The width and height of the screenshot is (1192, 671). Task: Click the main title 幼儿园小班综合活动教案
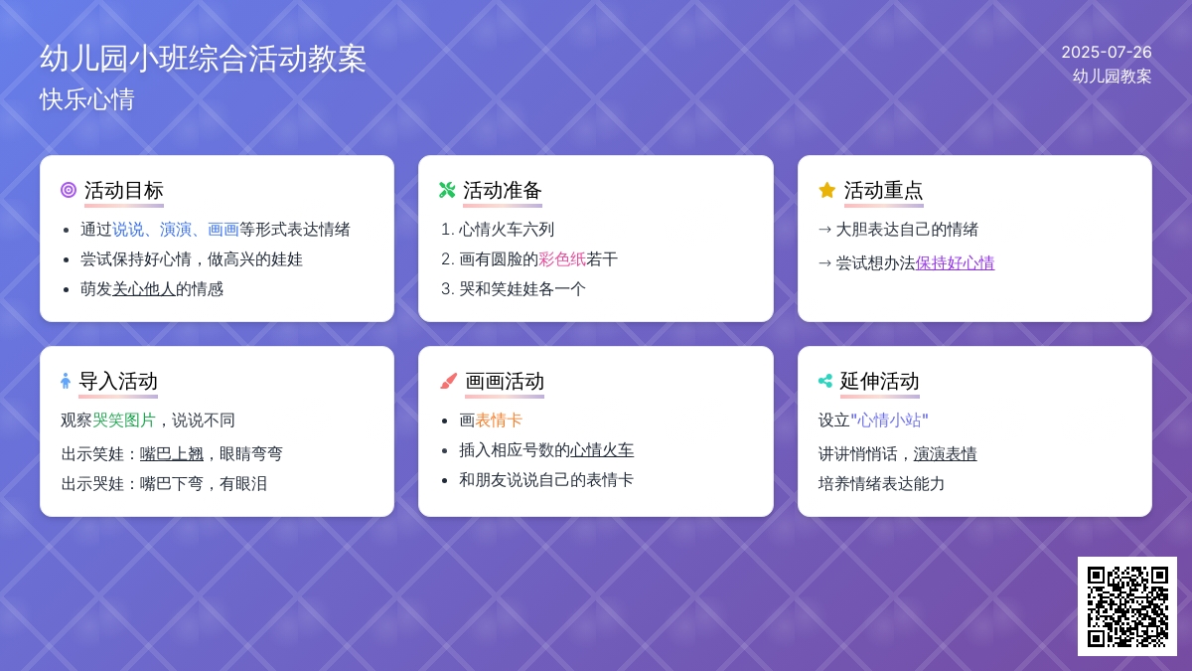(x=203, y=59)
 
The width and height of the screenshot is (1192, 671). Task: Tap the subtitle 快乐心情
(x=87, y=99)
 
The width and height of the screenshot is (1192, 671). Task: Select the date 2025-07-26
(x=1107, y=52)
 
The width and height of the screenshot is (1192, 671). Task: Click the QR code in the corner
(x=1127, y=606)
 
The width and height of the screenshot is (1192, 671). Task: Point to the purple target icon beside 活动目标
(x=69, y=190)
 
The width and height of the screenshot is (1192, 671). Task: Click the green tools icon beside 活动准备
(x=447, y=190)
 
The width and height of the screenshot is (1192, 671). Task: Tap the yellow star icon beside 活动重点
(x=826, y=190)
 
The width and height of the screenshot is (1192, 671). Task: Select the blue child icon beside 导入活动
(x=66, y=382)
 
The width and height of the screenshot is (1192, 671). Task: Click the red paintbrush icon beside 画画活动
(x=449, y=382)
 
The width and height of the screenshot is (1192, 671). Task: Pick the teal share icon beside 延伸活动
(x=825, y=382)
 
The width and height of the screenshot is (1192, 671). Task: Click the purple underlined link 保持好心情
(x=955, y=263)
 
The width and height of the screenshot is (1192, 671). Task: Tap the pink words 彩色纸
(x=562, y=259)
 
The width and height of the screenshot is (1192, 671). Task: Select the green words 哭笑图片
(x=124, y=420)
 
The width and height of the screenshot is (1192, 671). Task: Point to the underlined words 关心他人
(x=144, y=289)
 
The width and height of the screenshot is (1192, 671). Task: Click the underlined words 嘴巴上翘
(x=171, y=453)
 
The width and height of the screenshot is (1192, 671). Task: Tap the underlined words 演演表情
(x=945, y=453)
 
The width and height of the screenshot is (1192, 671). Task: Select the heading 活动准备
(x=503, y=190)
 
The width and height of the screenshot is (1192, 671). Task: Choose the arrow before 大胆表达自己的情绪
(x=824, y=230)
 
